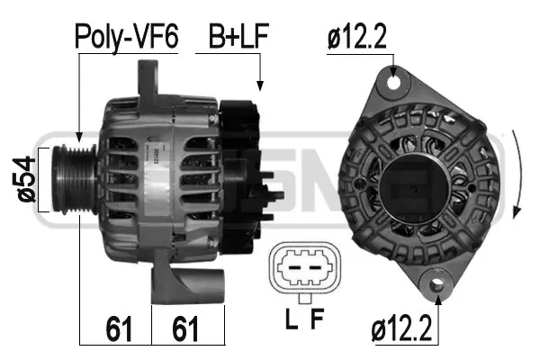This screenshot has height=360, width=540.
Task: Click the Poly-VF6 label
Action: pos(127,37)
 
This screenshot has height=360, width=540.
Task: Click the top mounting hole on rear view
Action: pos(393,83)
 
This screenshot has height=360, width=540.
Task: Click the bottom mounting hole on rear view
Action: pos(437,286)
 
